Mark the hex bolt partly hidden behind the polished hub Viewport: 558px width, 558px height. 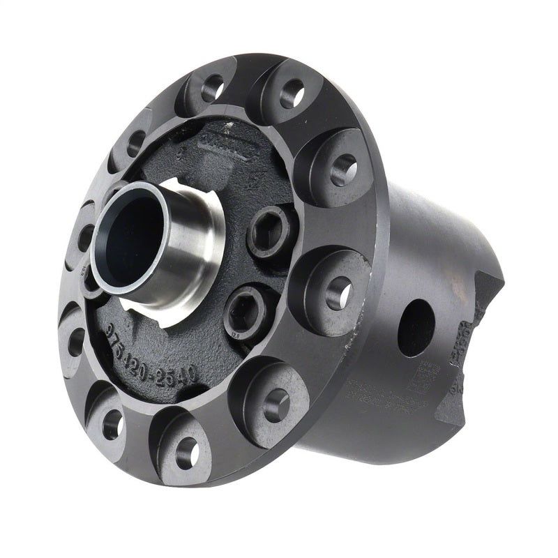[91, 279]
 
